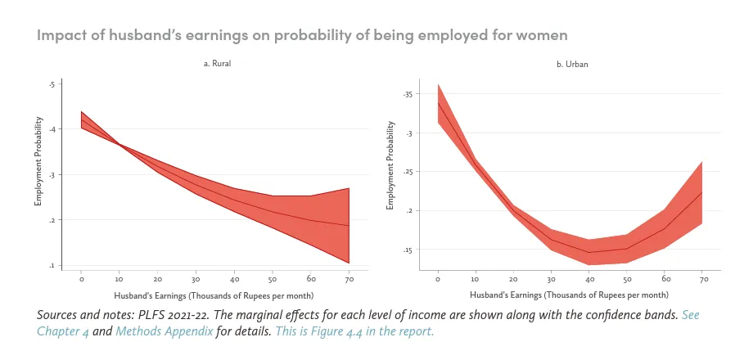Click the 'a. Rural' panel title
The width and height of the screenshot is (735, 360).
pos(215,63)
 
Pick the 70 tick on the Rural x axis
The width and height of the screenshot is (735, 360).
pos(349,278)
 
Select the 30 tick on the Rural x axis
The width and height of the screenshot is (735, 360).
pos(196,278)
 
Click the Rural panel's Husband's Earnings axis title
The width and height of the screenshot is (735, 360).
pos(214,294)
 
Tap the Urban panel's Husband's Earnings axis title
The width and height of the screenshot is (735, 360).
pos(570,294)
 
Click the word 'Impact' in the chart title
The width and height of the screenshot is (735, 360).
pos(61,36)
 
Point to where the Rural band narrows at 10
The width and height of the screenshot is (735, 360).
pos(119,144)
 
